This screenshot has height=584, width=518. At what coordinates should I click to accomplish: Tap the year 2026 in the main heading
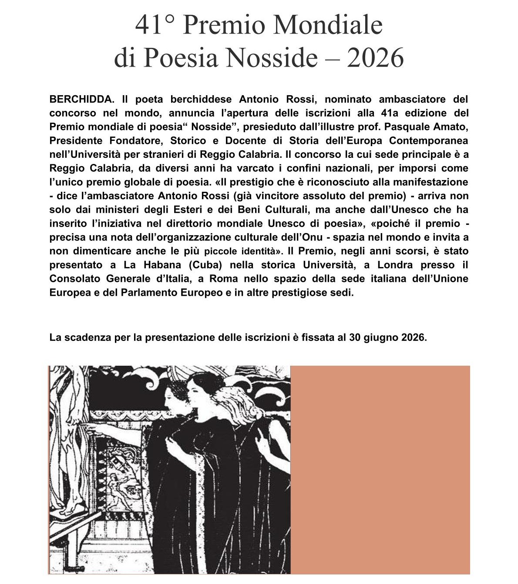click(x=375, y=58)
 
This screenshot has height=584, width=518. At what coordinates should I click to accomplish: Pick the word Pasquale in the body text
click(x=407, y=127)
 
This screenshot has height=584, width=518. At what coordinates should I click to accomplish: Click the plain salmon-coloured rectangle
click(x=380, y=470)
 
